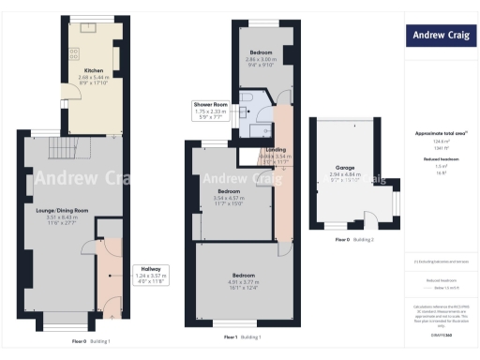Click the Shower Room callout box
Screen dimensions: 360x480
[x=211, y=111]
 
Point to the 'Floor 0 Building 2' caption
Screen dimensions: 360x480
[x=355, y=240]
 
